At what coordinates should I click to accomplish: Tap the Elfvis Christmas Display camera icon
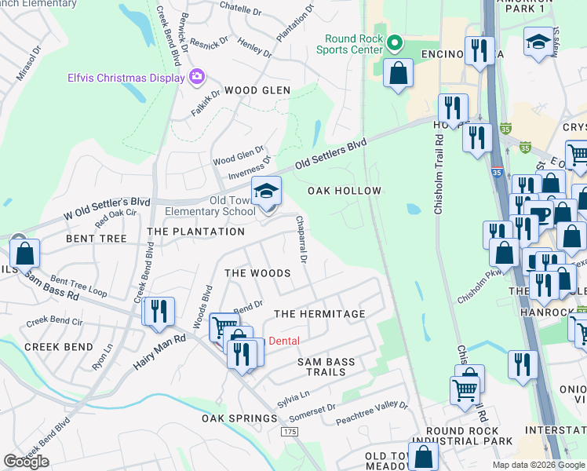(x=195, y=78)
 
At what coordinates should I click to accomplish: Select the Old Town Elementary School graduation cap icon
(x=266, y=191)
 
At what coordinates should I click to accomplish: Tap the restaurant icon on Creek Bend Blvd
(x=159, y=310)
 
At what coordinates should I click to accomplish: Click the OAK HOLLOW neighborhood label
(x=344, y=191)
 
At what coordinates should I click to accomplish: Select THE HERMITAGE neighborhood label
(x=319, y=314)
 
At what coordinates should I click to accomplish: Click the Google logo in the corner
(x=26, y=461)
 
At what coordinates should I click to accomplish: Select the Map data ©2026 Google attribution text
(x=538, y=465)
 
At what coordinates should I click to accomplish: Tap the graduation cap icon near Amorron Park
(x=538, y=42)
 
